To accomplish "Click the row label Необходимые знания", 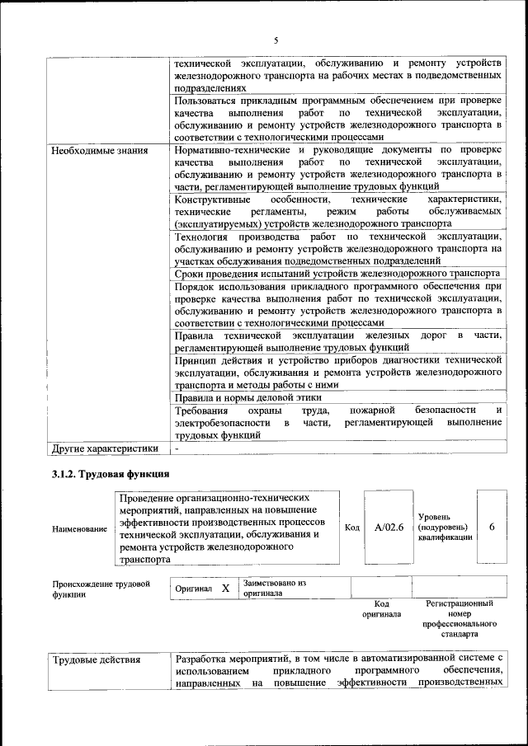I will click(100, 150).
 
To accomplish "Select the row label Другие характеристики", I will click(104, 448).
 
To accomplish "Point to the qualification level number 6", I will click(493, 528).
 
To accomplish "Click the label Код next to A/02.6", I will click(352, 528).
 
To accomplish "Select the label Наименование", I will click(79, 528).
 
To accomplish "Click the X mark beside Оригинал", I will click(224, 589).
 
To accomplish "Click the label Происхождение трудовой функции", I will click(101, 589).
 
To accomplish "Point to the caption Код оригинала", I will click(381, 609).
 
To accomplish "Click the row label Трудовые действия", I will click(96, 659).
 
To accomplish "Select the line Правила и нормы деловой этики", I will click(247, 397).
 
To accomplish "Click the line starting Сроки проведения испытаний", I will click(337, 273).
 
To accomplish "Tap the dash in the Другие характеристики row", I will click(177, 448).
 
